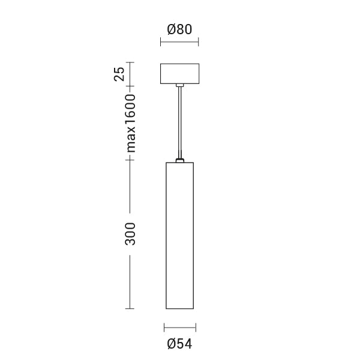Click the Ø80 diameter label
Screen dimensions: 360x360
point(179,29)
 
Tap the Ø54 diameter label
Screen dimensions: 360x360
point(179,344)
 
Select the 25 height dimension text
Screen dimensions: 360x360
point(119,74)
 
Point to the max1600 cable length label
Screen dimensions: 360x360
point(130,123)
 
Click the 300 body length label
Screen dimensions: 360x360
point(130,233)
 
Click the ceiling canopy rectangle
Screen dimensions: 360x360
point(179,74)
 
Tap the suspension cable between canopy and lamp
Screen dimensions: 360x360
point(179,123)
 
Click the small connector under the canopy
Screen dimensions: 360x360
point(179,86)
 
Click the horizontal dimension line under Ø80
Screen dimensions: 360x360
point(179,42)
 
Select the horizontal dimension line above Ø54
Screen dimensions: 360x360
point(179,328)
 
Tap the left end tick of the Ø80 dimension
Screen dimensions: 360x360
point(161,42)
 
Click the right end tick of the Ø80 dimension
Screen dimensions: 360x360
point(199,42)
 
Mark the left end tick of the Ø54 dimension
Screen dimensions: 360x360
point(164,328)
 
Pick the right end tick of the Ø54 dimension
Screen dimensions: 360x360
point(196,328)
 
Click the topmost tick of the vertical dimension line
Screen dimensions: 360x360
point(130,62)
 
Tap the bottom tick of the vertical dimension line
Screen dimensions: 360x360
point(130,308)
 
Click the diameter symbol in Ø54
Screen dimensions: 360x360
point(171,344)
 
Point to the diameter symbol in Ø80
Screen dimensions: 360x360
point(171,29)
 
